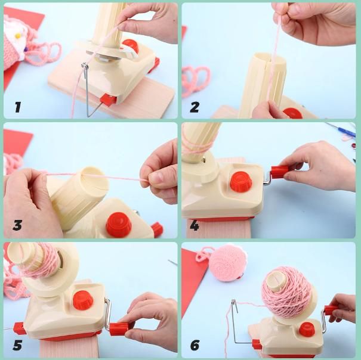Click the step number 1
[18, 107]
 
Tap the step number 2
[195, 107]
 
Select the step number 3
[17, 225]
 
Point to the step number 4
[195, 225]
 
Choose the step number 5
[17, 345]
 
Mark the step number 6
[195, 345]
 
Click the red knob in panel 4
[241, 182]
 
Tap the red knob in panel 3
[119, 225]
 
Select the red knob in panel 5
[83, 300]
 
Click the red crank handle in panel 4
[279, 172]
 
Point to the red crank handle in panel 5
[119, 329]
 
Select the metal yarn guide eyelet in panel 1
[85, 67]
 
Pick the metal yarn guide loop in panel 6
[234, 303]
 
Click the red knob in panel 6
[307, 330]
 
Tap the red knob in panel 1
[131, 46]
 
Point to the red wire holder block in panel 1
[108, 100]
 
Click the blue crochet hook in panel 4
[341, 129]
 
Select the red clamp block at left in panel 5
[19, 328]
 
